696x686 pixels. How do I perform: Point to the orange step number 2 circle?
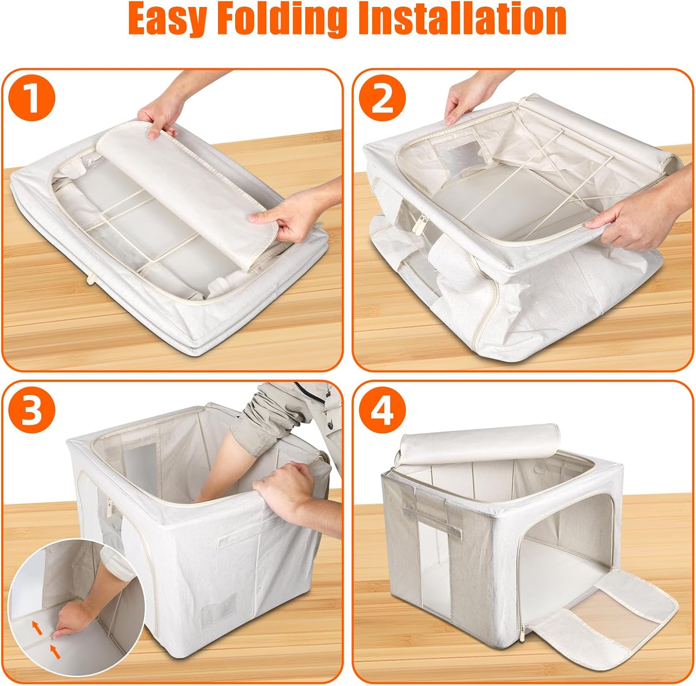click(x=383, y=98)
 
